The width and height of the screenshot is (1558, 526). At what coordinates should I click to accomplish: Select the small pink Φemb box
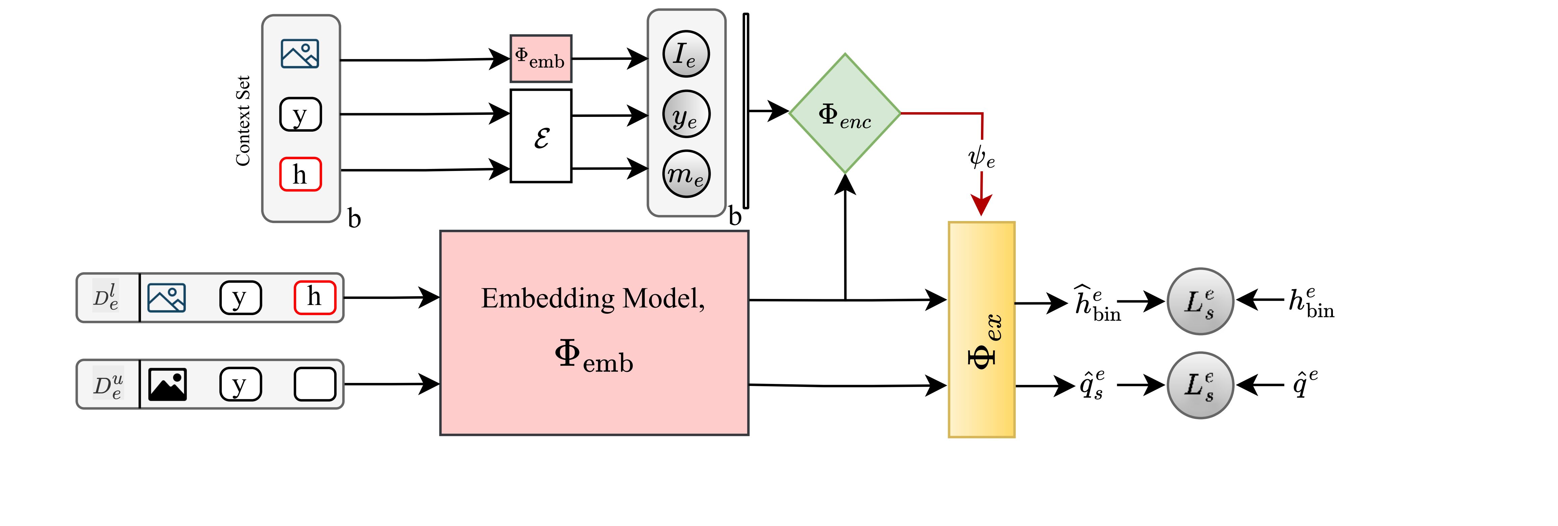pos(541,59)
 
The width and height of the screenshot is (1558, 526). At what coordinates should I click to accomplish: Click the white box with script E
pos(541,136)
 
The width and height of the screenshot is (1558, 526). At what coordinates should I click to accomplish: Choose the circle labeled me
pos(686,174)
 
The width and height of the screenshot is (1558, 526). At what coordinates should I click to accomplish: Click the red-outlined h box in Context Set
pos(300,174)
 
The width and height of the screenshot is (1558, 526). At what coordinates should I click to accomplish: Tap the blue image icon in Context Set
pos(300,54)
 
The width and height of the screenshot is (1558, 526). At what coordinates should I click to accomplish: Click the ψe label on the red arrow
pos(981,158)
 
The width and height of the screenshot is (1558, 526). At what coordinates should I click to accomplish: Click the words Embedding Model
pos(593,298)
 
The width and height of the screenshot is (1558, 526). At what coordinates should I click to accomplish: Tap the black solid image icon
pos(167,384)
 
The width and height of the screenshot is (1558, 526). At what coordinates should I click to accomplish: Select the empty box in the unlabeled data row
pos(314,384)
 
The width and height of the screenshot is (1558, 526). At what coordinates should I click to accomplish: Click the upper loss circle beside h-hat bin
pos(1200,301)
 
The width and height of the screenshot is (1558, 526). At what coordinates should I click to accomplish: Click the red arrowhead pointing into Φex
pos(981,205)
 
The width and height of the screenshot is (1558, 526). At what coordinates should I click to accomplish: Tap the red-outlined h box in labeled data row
pos(314,297)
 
